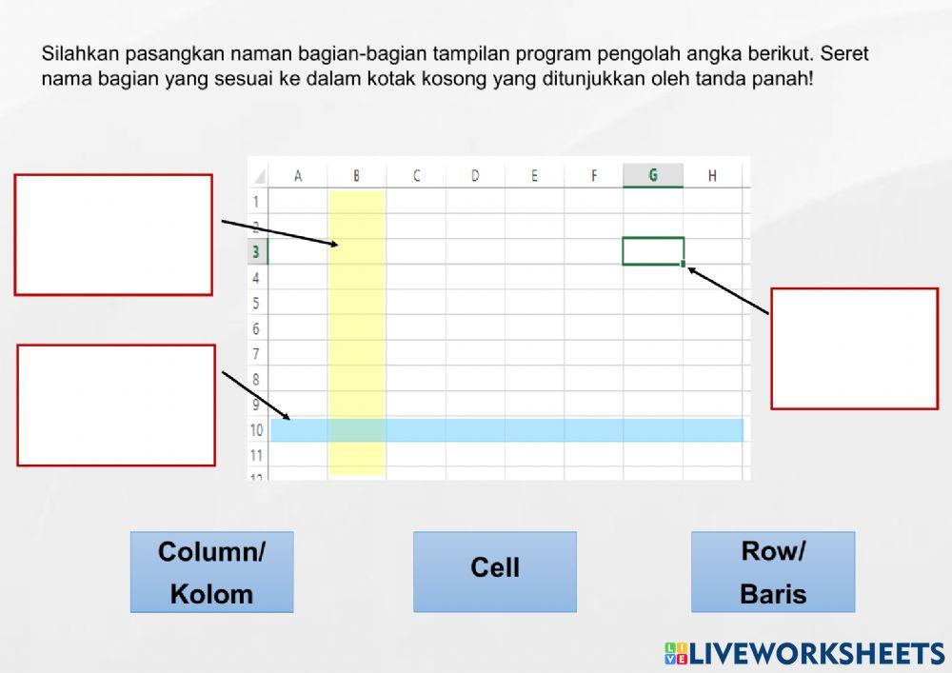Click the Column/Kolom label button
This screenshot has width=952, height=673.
click(x=211, y=571)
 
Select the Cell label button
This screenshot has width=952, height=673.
click(x=494, y=571)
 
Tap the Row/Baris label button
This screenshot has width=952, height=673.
click(x=772, y=571)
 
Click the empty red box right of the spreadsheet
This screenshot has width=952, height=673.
click(x=854, y=348)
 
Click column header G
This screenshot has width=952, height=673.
click(x=653, y=175)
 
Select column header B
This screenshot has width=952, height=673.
click(x=356, y=175)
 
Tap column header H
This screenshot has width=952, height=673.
click(x=712, y=175)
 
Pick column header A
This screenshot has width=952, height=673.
click(x=298, y=175)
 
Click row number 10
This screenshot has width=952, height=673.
click(x=257, y=430)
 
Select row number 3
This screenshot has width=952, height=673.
click(x=256, y=252)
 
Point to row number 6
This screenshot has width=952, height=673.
click(x=256, y=329)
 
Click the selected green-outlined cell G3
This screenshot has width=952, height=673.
click(x=653, y=251)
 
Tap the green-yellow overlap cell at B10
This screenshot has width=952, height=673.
click(x=356, y=430)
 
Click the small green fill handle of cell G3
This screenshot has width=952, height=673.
click(x=684, y=264)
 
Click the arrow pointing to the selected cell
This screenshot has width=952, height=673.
click(x=728, y=290)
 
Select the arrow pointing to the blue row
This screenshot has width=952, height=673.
click(x=257, y=395)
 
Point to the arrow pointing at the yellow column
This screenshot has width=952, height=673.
click(x=280, y=232)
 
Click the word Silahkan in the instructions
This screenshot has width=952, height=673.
click(x=78, y=54)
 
